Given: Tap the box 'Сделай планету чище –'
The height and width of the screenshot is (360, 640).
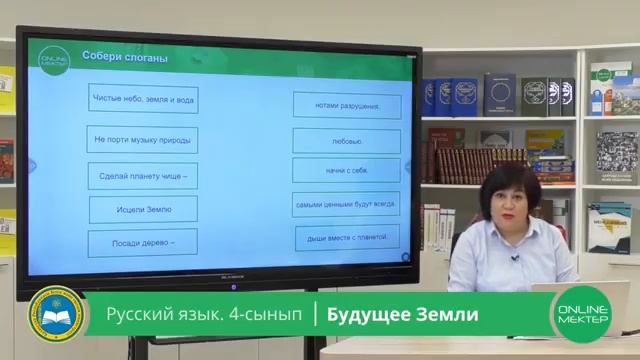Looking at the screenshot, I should tap(144, 176).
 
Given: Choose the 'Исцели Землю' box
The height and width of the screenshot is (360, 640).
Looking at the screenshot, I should tap(144, 209).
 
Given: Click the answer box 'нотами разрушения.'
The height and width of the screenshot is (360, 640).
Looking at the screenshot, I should tap(346, 105).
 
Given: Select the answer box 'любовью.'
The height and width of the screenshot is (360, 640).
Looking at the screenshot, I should tap(346, 141).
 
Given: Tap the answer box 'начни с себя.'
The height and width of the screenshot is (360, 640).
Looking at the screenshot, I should tap(347, 171).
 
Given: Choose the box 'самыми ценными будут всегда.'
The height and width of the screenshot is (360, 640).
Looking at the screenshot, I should tap(346, 204).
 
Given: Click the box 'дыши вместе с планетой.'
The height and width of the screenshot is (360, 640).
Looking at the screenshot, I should tap(347, 238).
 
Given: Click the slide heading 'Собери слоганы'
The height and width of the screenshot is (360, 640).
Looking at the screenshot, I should tap(124, 58).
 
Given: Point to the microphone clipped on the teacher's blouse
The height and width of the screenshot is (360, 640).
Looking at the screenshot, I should tap(515, 258).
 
